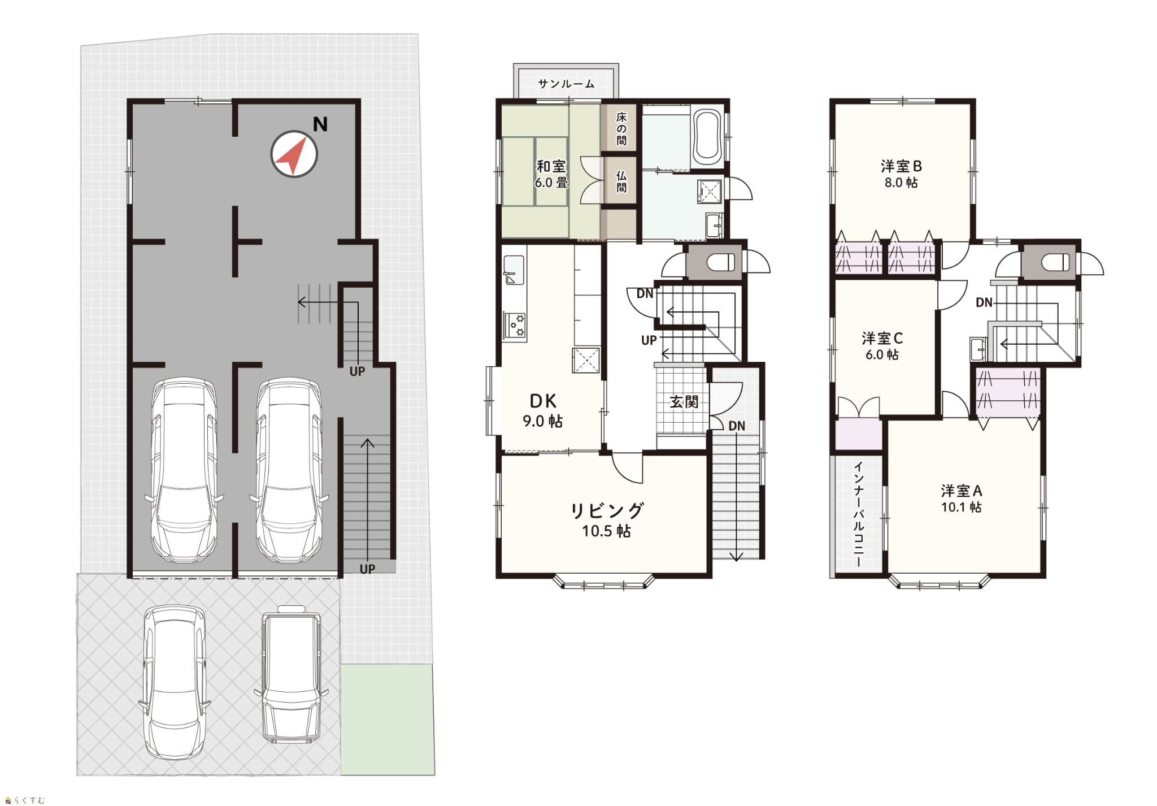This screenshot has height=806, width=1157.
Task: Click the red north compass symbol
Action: [294, 154]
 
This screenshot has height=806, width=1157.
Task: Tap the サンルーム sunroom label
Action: [566, 84]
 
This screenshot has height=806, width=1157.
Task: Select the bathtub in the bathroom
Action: [706, 136]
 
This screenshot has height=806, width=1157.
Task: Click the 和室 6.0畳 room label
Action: [551, 174]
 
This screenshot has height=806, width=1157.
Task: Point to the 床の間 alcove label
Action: [621, 129]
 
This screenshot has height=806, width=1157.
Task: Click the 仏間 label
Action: [621, 181]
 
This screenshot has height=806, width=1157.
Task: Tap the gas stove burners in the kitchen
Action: [515, 326]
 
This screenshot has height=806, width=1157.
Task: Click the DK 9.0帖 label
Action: [543, 410]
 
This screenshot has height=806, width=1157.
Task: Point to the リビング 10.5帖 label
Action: [607, 519]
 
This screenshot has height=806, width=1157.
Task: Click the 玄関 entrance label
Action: [684, 402]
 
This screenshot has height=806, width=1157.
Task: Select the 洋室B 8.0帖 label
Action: [901, 174]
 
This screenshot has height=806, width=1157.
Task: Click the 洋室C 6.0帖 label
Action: [882, 346]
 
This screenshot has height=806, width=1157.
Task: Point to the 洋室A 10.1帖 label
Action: [962, 499]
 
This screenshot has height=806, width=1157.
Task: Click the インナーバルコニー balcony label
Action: [858, 515]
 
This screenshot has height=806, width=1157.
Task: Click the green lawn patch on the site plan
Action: [388, 719]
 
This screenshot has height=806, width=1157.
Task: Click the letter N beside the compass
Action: [320, 124]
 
